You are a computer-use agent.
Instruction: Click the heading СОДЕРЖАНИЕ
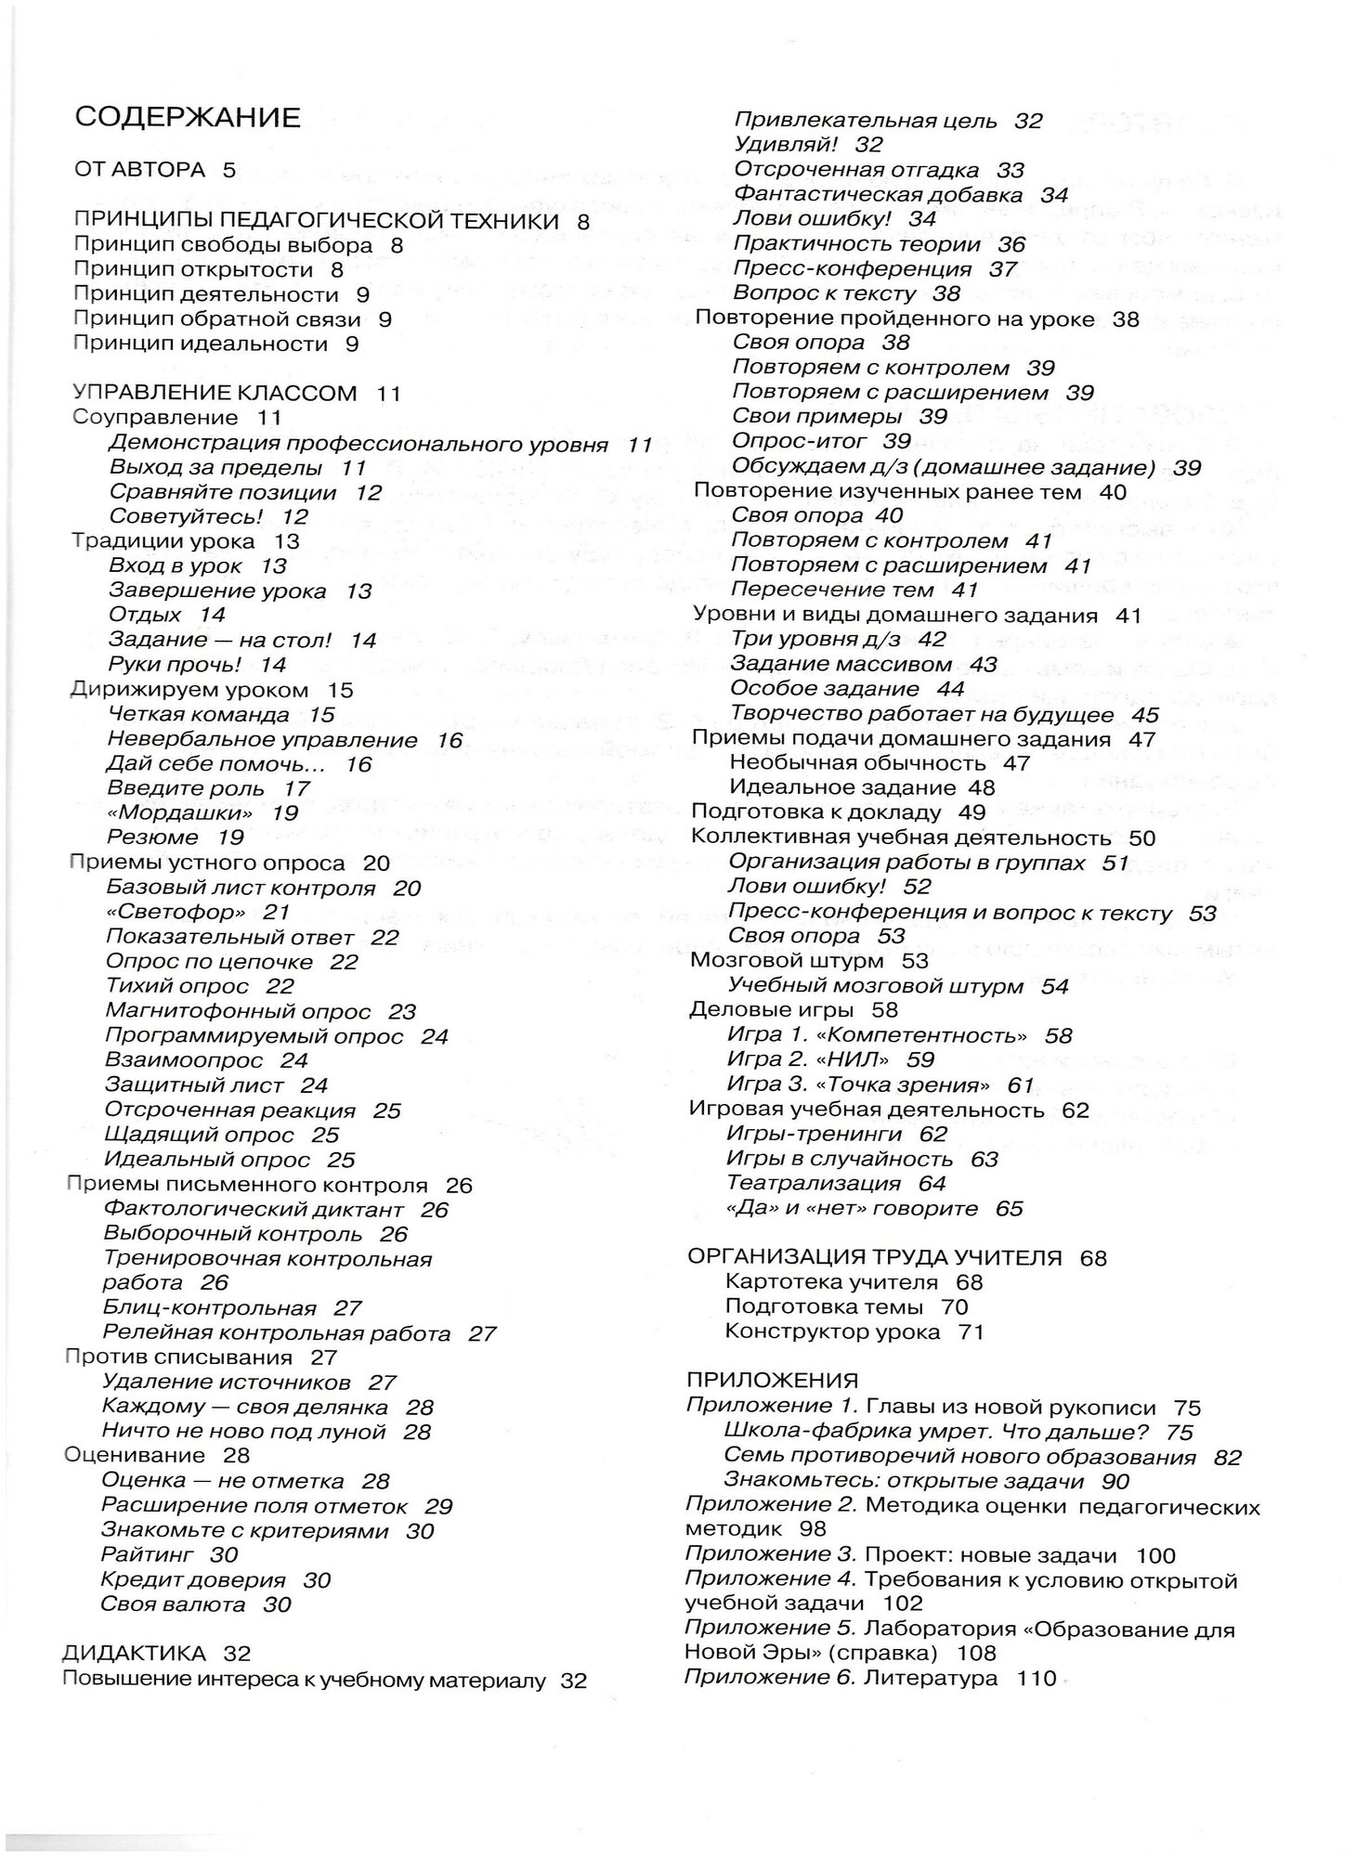coord(187,118)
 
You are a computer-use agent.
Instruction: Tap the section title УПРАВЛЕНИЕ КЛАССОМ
coord(215,393)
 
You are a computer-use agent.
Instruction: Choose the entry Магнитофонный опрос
coord(238,1011)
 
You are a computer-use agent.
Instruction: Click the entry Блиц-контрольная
coord(210,1308)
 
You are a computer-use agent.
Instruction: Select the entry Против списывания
coord(178,1357)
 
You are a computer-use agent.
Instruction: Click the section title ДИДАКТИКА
coord(135,1654)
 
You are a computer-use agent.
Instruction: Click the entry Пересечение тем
coord(832,590)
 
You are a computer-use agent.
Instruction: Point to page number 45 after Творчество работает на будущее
coord(1145,715)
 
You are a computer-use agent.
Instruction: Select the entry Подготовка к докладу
coord(816,812)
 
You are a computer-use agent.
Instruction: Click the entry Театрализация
coord(814,1184)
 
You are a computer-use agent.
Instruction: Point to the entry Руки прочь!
coord(175,665)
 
